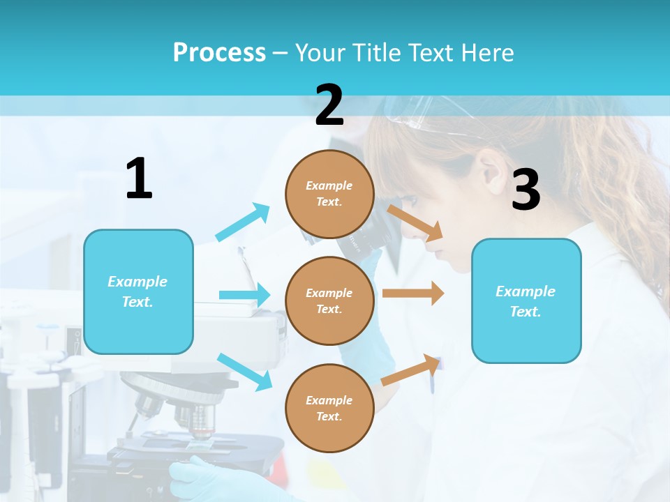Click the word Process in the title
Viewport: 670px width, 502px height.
point(219,52)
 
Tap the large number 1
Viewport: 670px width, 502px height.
point(139,179)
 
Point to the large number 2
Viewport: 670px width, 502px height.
point(329,105)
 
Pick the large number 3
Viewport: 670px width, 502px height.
point(526,190)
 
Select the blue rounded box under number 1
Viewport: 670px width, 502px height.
point(138,291)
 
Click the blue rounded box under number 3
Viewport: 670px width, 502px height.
point(526,301)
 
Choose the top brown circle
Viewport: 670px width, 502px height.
point(329,194)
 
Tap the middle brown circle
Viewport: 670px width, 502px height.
point(329,301)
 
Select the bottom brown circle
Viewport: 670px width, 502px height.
point(329,408)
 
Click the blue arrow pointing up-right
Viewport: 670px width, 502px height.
point(243,222)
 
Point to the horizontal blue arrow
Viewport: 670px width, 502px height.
point(244,295)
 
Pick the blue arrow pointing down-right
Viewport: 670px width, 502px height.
point(244,372)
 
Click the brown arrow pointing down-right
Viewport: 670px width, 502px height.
point(415,222)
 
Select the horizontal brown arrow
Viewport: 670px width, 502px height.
point(412,293)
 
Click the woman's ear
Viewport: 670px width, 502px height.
point(489,171)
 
